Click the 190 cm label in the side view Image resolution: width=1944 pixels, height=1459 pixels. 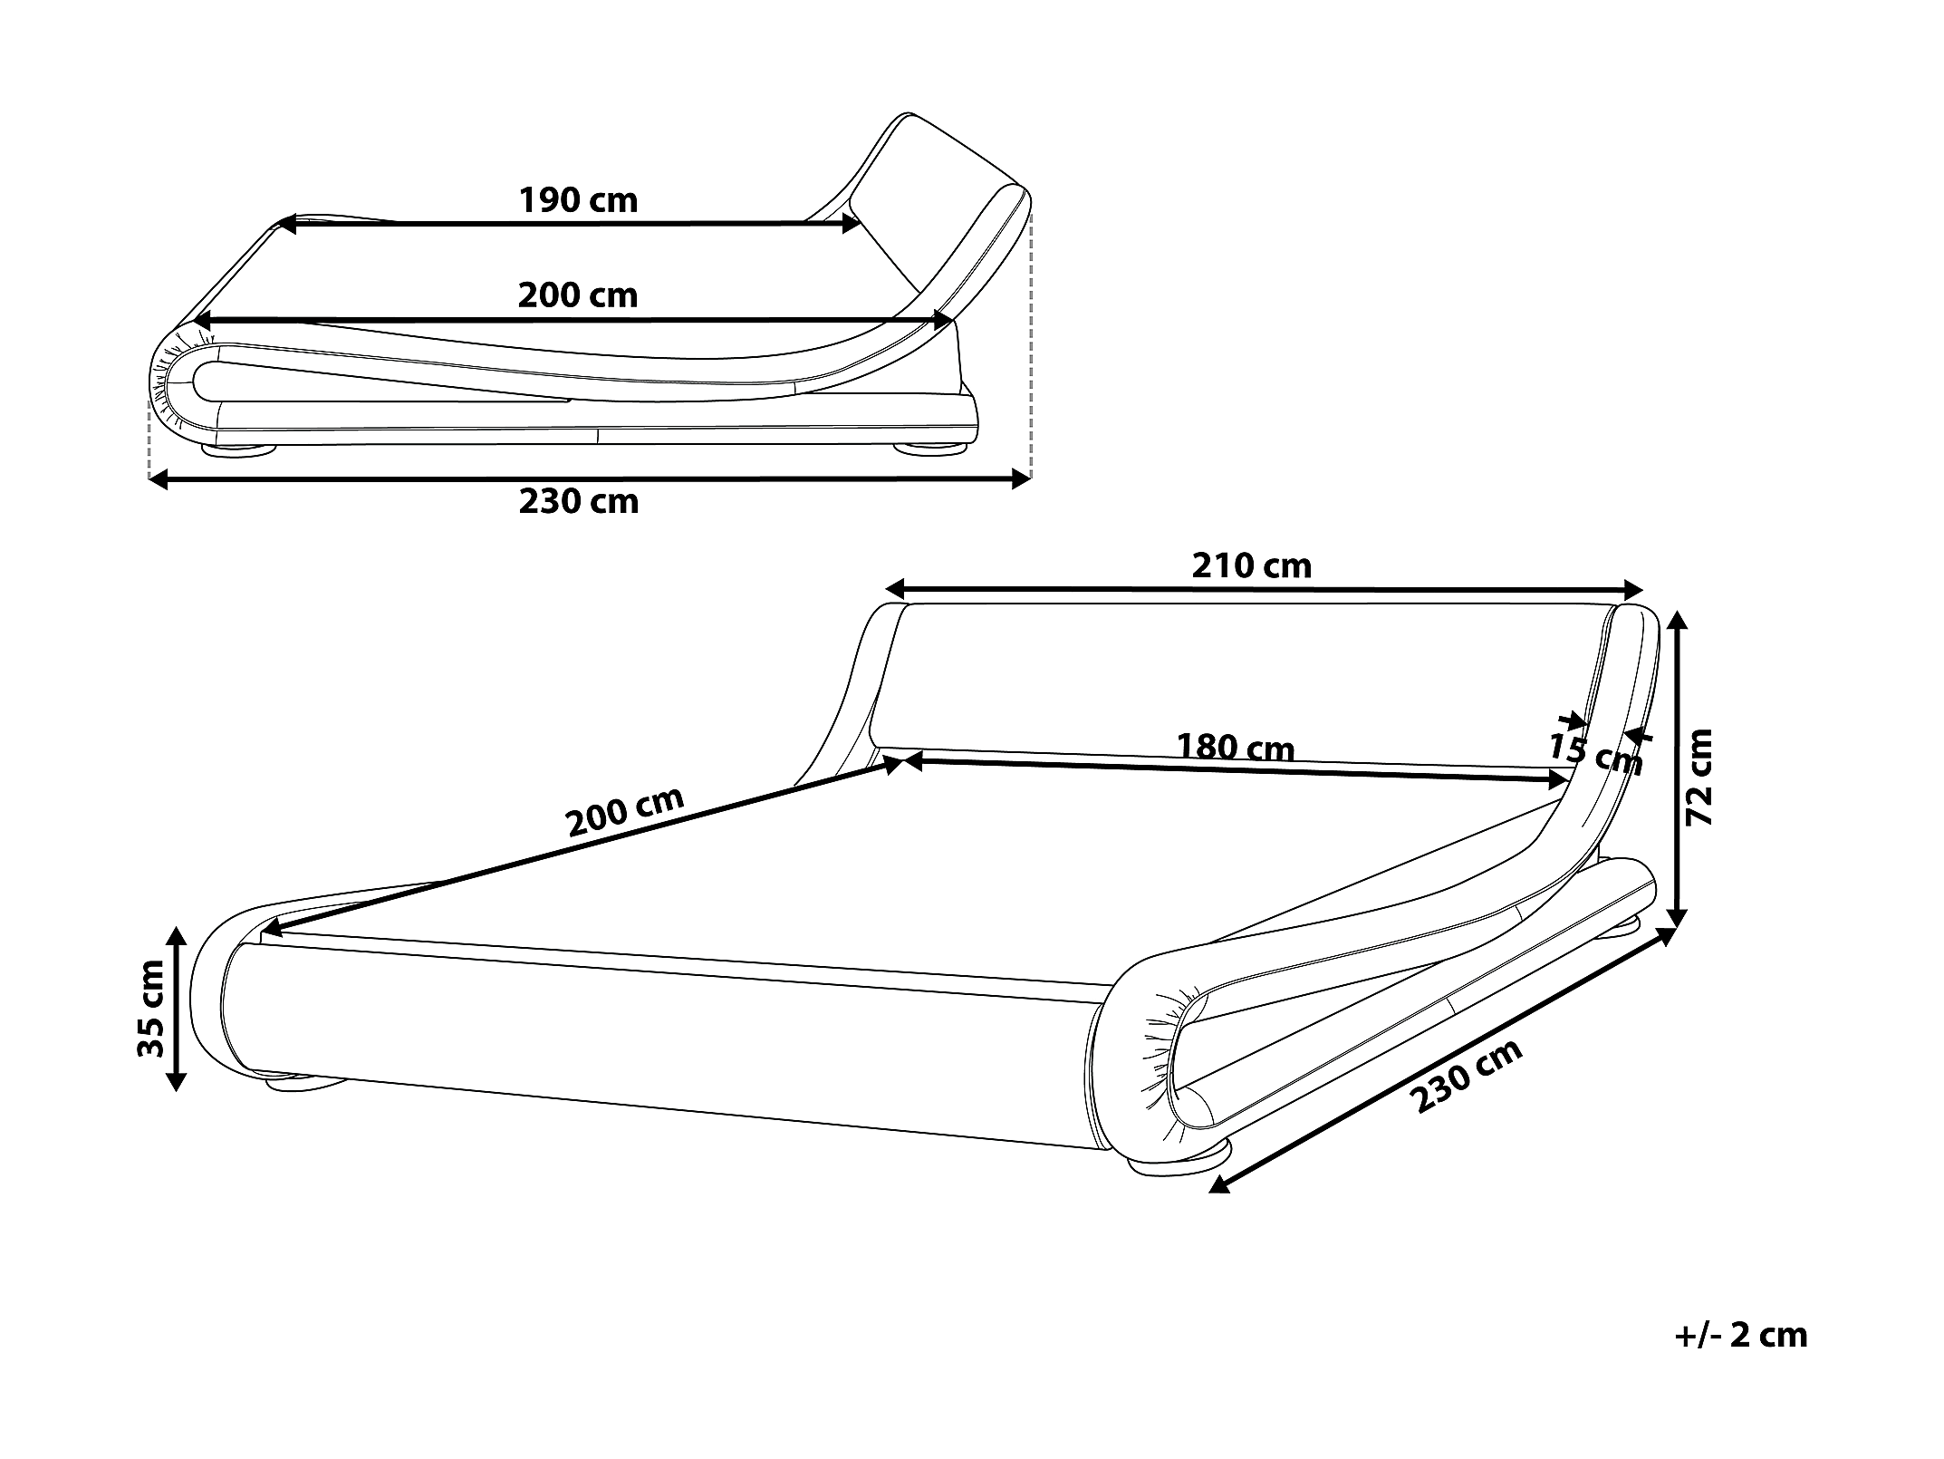pos(578,200)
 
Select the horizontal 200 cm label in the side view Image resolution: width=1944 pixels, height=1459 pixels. pos(578,295)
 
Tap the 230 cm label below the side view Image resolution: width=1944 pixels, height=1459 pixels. pos(579,501)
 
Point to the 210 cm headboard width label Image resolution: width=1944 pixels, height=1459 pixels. pos(1251,565)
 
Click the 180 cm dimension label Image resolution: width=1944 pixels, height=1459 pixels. pos(1235,748)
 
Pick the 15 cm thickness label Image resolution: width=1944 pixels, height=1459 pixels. pos(1594,755)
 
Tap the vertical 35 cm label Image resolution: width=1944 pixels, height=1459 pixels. pos(150,1009)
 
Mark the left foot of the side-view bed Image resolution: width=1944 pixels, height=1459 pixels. pos(240,448)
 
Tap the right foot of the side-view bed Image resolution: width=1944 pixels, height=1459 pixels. pos(933,448)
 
